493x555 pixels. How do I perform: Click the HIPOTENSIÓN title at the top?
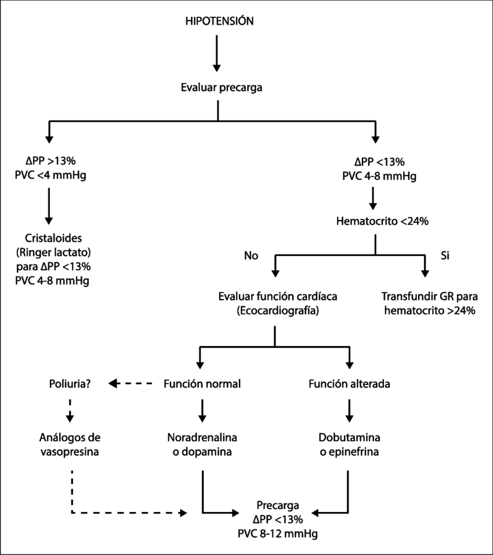point(219,21)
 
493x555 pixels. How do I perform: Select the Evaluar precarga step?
point(221,88)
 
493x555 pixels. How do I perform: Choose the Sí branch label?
point(444,255)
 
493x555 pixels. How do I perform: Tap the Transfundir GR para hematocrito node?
point(429,303)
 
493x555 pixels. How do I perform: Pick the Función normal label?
point(202,384)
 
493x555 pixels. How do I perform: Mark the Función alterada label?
point(349,384)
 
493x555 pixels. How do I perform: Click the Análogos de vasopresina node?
point(69,444)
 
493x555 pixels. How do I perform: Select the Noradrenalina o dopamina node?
point(202,444)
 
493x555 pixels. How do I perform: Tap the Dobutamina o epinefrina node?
point(349,444)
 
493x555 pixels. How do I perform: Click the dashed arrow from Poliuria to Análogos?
point(70,409)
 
